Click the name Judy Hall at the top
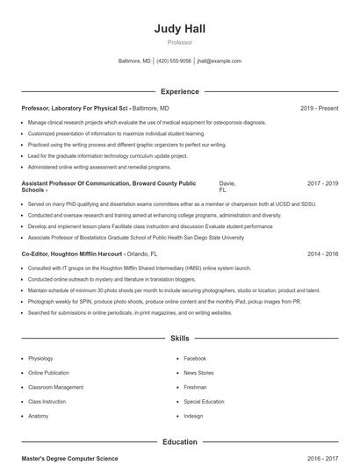coord(180,28)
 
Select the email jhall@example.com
coord(220,61)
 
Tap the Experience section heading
coord(180,91)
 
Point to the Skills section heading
coord(180,338)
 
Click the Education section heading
coord(180,442)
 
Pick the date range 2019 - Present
coord(319,108)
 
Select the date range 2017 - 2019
coord(322,183)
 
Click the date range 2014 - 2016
coord(322,254)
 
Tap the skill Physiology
coord(40,358)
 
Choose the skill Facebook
coord(195,358)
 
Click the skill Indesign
coord(193,416)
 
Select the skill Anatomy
coord(39,416)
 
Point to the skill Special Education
coord(204,401)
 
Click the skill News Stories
coord(198,373)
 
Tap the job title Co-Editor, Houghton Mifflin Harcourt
coord(68,254)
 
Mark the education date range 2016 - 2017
coord(322,459)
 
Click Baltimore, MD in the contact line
coord(134,61)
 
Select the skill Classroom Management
coord(56,387)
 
